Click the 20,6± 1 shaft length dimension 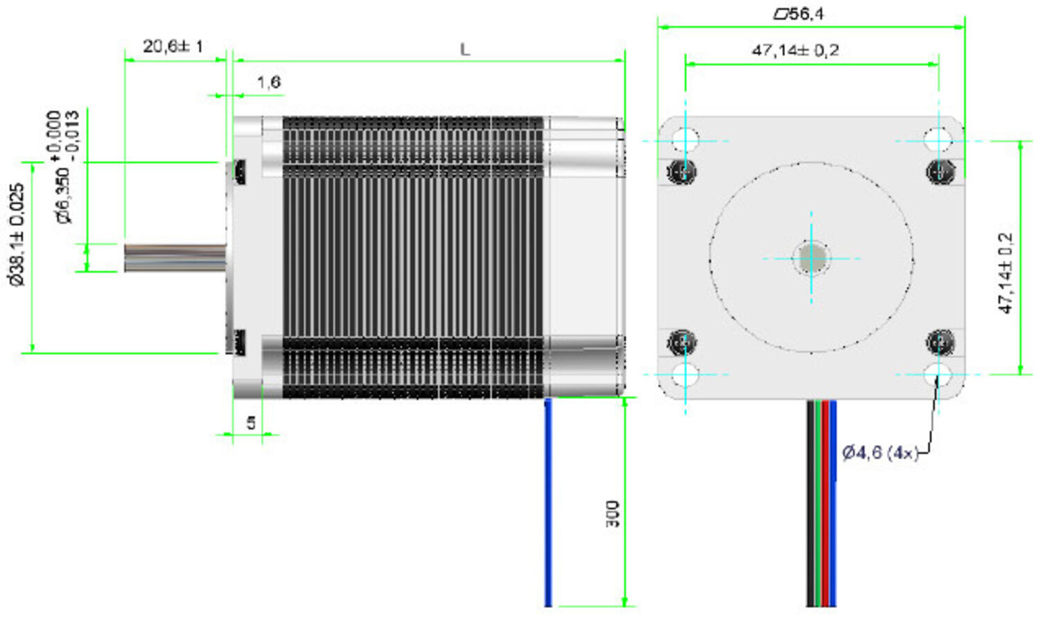(173, 46)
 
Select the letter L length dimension (465, 49)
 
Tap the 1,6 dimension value (269, 83)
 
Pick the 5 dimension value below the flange (251, 422)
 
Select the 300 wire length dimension (612, 514)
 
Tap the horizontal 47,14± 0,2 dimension (795, 51)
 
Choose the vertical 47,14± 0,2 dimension (1006, 273)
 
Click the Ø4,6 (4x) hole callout (880, 453)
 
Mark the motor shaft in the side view (175, 257)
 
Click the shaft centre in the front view (811, 258)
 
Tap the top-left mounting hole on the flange (685, 140)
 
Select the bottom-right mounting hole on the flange (938, 374)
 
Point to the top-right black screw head (940, 171)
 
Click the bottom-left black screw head (682, 342)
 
